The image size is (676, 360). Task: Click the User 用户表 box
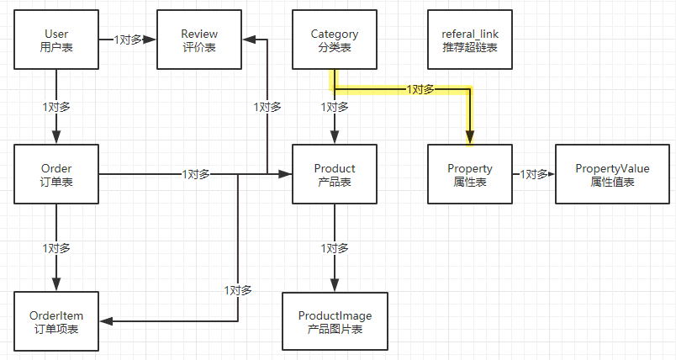click(x=56, y=40)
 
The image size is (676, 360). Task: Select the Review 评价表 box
click(x=199, y=40)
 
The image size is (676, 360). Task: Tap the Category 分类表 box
click(x=335, y=40)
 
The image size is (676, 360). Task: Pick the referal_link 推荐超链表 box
click(x=470, y=40)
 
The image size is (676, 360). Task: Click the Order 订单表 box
click(x=56, y=174)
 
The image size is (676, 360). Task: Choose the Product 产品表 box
click(x=335, y=174)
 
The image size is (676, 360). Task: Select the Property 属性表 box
click(x=470, y=174)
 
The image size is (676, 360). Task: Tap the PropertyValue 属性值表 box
click(x=612, y=174)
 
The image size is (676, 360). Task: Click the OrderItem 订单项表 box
click(x=56, y=321)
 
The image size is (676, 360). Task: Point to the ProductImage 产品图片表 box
click(x=335, y=321)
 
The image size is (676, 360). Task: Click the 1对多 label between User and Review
click(x=128, y=40)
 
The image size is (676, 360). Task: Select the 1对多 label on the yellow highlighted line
click(x=420, y=90)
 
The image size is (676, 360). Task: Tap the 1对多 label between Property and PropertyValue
click(x=534, y=174)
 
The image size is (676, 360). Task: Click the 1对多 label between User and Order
click(x=56, y=107)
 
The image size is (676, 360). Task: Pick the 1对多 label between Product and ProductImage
click(x=335, y=248)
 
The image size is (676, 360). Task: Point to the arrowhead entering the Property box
click(x=470, y=138)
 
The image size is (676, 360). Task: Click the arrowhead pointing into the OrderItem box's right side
click(x=107, y=321)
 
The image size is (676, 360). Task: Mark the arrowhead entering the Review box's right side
click(x=249, y=40)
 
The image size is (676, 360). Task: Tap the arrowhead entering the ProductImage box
click(x=335, y=285)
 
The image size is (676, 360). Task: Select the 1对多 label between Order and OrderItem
click(x=56, y=248)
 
